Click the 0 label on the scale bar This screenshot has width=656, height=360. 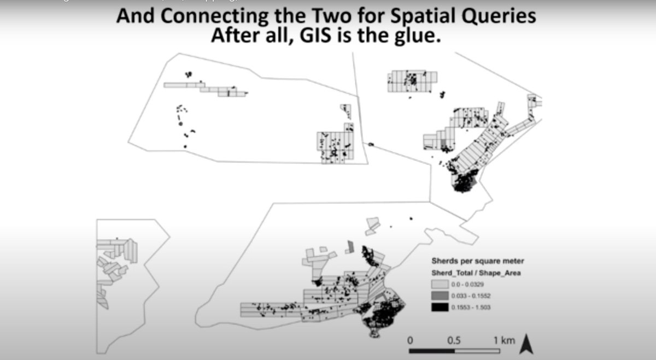[x=410, y=340]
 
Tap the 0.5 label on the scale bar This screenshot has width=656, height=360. [x=454, y=340]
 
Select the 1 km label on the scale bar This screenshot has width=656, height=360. [x=505, y=340]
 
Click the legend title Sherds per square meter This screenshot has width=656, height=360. [x=475, y=261]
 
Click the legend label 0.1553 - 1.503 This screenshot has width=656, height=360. [x=470, y=307]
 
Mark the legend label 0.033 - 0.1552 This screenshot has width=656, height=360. [x=470, y=296]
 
